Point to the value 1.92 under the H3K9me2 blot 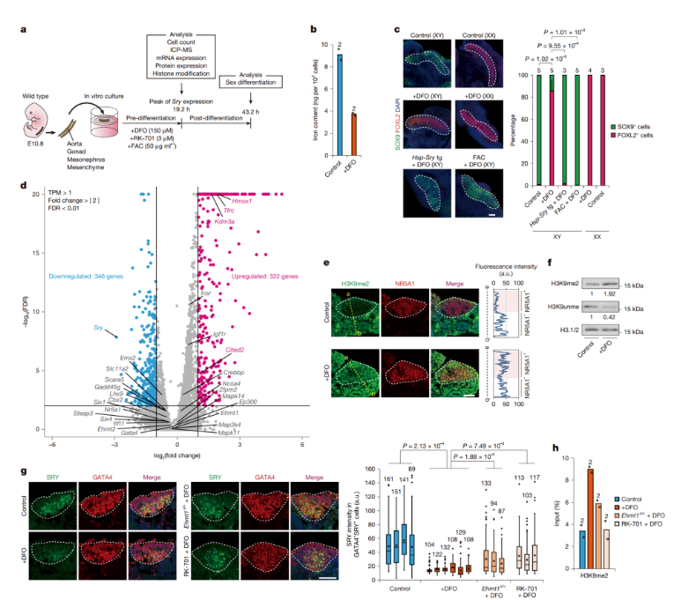tap(608, 292)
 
